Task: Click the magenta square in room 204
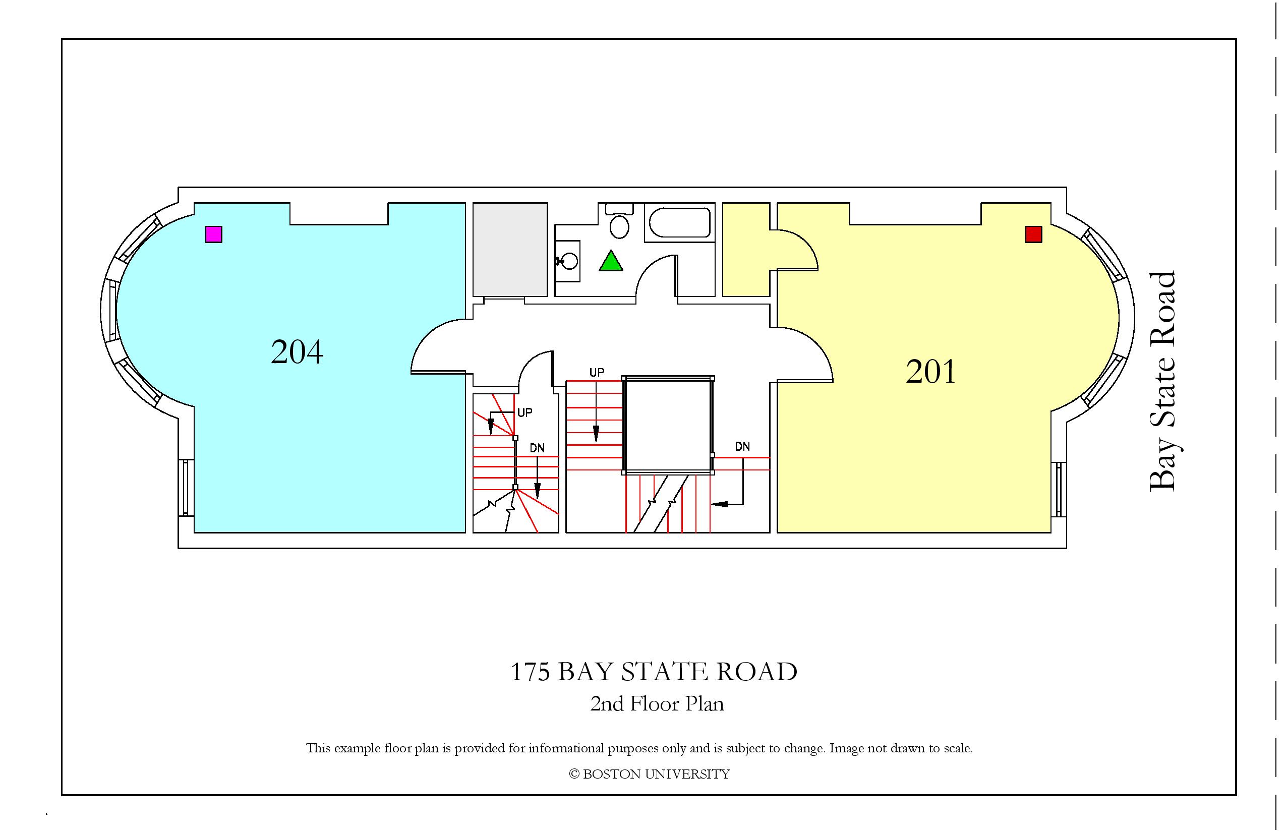214,234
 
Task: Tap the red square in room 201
1034,234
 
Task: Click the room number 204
297,352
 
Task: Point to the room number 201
930,372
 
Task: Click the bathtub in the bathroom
680,222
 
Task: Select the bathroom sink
568,261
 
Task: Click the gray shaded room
510,250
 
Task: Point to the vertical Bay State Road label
1162,381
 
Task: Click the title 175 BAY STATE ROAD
654,672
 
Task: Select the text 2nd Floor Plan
657,704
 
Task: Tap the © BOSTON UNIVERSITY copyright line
650,774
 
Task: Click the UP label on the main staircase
597,372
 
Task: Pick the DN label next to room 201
742,446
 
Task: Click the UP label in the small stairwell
524,413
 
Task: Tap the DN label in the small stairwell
537,448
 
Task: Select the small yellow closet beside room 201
746,250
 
